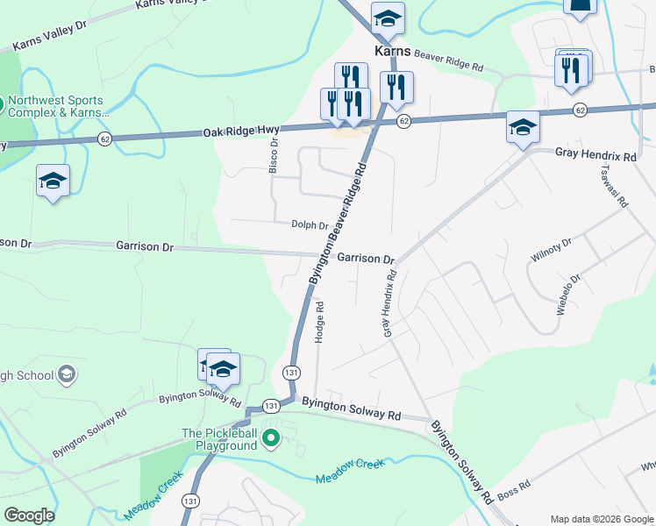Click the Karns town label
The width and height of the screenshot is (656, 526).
point(393,52)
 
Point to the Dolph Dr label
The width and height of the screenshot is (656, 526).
point(310,225)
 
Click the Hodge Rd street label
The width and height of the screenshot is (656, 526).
point(320,322)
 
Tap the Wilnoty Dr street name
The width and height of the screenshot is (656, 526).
point(551,251)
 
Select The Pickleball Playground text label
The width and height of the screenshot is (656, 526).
point(219,439)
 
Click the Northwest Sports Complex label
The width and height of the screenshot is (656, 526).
point(55,106)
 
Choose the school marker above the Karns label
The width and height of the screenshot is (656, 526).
point(387,18)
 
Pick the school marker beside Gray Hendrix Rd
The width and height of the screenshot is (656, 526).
point(523,128)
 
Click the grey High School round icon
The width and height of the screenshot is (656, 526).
point(66,375)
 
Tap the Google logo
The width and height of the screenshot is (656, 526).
point(29,515)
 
